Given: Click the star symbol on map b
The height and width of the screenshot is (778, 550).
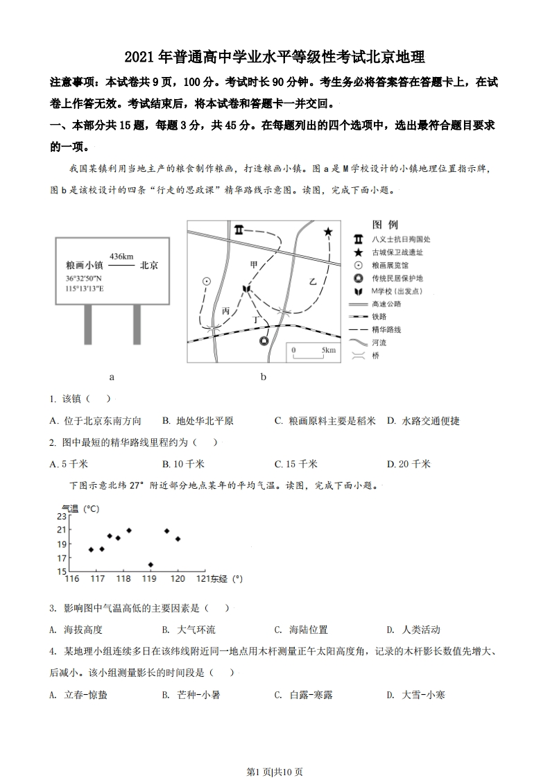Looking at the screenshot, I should tap(328, 232).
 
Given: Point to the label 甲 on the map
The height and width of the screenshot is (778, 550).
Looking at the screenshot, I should tap(254, 264).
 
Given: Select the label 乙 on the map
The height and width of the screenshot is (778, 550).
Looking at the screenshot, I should tap(313, 281).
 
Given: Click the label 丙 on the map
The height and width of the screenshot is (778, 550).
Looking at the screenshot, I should tap(225, 311).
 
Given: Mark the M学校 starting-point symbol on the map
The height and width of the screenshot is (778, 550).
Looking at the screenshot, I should tap(246, 288).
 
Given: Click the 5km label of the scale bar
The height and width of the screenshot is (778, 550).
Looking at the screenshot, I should tap(328, 351).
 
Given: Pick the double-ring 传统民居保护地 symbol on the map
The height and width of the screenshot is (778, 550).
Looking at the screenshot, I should tap(264, 341).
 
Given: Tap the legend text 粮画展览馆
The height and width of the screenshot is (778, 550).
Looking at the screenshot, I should tap(390, 265).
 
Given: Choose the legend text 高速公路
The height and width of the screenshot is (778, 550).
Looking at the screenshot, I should tap(386, 304).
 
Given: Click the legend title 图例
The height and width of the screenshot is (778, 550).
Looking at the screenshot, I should tap(385, 225).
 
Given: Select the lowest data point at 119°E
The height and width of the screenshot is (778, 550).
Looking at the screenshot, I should tap(151, 564).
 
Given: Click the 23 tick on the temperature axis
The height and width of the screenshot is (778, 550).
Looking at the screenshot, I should tap(62, 517).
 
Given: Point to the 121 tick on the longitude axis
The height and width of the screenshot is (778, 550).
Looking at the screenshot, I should tap(201, 578).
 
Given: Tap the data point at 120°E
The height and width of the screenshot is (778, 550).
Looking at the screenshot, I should tap(178, 539).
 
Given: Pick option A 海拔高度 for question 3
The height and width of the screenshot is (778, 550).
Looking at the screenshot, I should tap(76, 630).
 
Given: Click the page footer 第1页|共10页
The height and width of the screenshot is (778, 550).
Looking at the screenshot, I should tap(275, 752).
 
